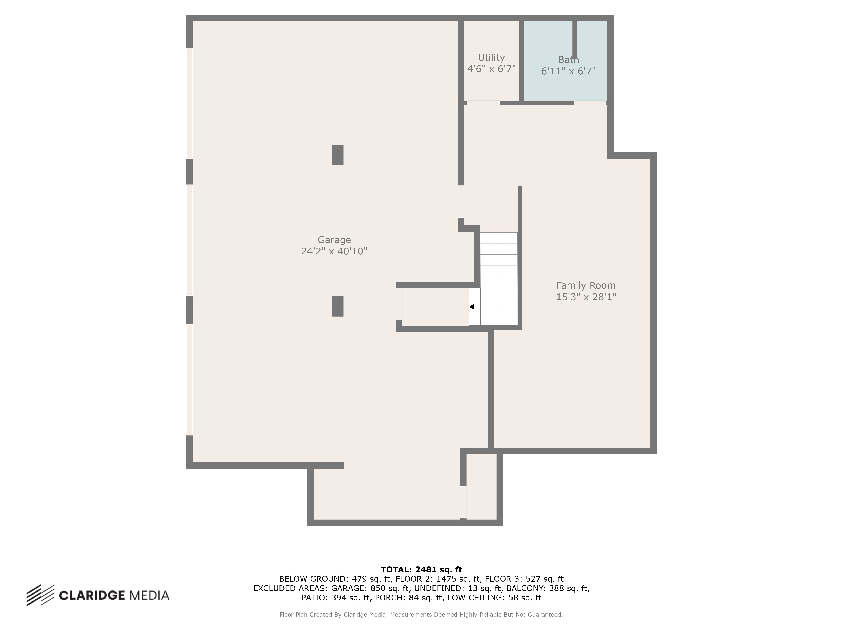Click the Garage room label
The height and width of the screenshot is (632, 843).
(334, 240)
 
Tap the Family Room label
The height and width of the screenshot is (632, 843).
(586, 285)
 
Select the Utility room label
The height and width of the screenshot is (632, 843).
(491, 58)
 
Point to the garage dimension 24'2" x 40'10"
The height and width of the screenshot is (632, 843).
(334, 251)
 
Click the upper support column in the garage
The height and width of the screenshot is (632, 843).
(337, 155)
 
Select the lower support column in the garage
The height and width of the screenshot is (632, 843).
(337, 306)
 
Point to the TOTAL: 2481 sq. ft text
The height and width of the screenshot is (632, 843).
(421, 569)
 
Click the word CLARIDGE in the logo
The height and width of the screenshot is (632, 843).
(92, 595)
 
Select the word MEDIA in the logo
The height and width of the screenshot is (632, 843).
(150, 595)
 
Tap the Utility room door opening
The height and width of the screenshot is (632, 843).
(484, 103)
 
